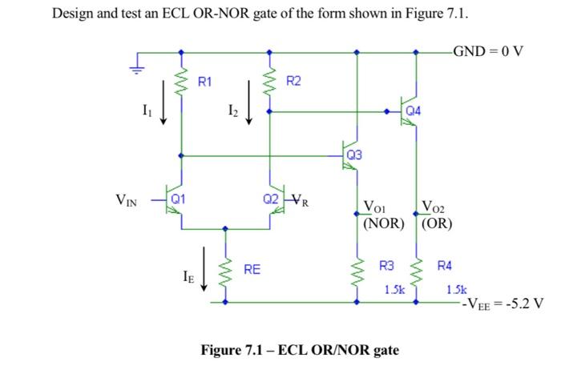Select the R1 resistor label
205,81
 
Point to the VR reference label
301,200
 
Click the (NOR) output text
384,223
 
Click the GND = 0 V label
488,52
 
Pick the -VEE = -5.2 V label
500,304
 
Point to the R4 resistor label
444,265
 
